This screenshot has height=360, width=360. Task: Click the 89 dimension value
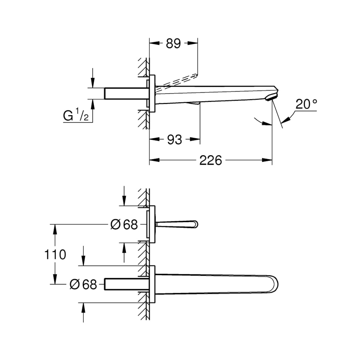click(x=173, y=44)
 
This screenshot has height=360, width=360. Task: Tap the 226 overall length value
click(x=211, y=160)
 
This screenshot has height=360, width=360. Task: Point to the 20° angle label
click(x=306, y=105)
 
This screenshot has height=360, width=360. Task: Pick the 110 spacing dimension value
click(x=55, y=255)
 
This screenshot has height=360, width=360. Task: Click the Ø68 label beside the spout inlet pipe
click(x=83, y=284)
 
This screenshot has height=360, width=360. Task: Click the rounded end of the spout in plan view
click(x=273, y=284)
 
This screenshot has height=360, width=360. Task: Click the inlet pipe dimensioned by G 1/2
click(x=125, y=93)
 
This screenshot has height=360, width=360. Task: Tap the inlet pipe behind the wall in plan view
click(x=125, y=284)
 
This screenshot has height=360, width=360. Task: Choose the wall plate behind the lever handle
click(x=152, y=224)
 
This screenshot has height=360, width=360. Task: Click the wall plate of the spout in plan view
click(x=152, y=284)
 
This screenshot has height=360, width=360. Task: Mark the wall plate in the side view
click(x=152, y=93)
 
